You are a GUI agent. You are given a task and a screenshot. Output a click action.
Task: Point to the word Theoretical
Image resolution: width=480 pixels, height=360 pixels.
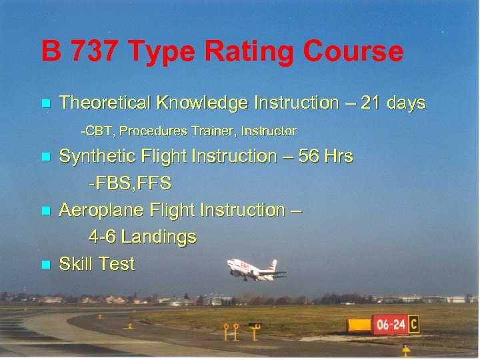tap(105, 103)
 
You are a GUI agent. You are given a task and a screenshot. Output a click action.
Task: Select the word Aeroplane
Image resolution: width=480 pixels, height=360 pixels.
tap(96, 210)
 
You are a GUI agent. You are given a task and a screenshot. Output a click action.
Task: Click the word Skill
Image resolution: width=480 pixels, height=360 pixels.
tap(77, 264)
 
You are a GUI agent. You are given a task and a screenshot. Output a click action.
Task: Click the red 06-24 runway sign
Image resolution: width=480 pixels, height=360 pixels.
tap(389, 325)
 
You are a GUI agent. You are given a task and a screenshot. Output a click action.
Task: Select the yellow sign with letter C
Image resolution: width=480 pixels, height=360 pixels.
tap(413, 324)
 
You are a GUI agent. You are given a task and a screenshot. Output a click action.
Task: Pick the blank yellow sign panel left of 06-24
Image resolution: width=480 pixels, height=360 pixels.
tap(359, 325)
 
